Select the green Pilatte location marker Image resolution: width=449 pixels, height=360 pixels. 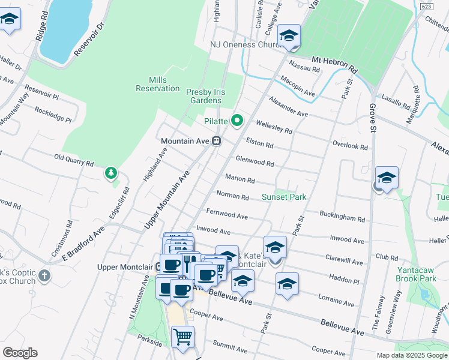[237, 121]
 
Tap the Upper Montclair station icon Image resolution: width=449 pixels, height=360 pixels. [159, 266]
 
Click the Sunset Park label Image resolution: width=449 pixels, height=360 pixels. [284, 197]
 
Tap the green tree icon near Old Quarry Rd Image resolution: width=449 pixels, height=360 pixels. [110, 174]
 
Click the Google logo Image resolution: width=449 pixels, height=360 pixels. [20, 352]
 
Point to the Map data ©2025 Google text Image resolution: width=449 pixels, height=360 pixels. [411, 355]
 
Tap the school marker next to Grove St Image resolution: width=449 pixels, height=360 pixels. [387, 178]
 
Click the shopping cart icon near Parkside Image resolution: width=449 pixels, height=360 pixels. [182, 336]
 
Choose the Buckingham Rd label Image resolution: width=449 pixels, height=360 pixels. [342, 220]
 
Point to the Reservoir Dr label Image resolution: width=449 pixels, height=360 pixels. [89, 41]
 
